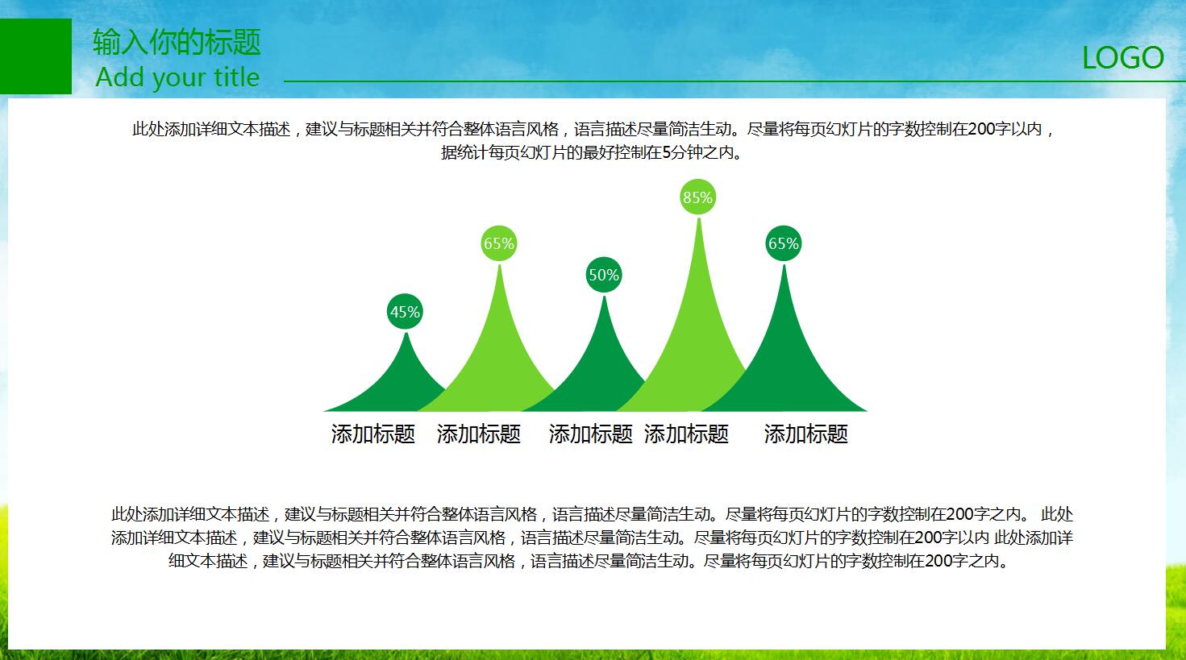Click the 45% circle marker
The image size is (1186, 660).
tap(405, 312)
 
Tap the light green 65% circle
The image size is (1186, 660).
tap(498, 243)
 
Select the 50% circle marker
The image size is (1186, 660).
tap(603, 275)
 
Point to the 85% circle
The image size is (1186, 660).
tap(697, 197)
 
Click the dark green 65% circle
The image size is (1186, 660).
tap(783, 243)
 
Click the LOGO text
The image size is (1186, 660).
tap(1122, 58)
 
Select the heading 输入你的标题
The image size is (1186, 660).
tap(177, 42)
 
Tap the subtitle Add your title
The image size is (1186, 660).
tap(177, 77)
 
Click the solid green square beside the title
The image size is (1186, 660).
tap(35, 56)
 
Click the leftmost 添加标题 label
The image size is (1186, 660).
tap(372, 434)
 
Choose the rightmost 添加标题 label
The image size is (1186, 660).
tap(805, 434)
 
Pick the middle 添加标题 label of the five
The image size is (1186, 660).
tap(590, 434)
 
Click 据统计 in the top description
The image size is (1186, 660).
tap(464, 152)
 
